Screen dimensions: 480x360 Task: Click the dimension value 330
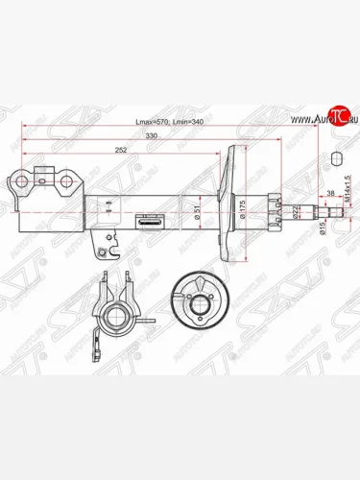tap(151, 137)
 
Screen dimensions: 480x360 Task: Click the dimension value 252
tap(122, 151)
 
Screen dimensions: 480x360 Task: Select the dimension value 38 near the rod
tap(332, 192)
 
